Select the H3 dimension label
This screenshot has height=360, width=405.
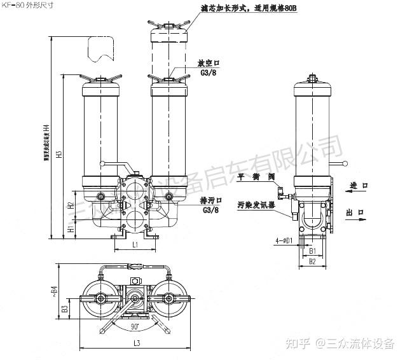point(58,153)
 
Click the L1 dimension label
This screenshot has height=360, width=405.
point(135,244)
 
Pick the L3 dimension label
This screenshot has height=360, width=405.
point(136,343)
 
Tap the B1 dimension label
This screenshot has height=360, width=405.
point(312,251)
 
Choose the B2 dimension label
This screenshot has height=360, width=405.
point(312,261)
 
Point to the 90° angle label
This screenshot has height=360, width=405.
point(135,326)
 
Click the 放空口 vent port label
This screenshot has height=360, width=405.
point(208,64)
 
